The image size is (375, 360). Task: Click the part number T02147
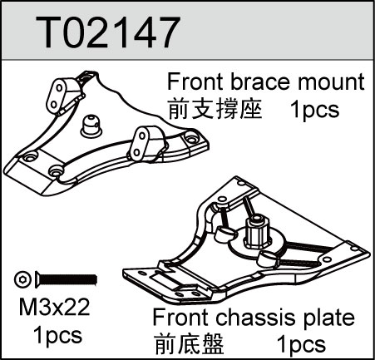click(107, 32)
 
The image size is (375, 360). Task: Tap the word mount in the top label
click(331, 82)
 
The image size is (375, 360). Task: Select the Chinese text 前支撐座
click(215, 110)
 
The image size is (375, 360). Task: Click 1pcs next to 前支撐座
click(314, 110)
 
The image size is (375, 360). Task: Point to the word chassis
click(254, 318)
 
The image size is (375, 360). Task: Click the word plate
click(329, 318)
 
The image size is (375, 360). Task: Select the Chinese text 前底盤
click(189, 344)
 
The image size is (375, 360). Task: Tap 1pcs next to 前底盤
click(301, 344)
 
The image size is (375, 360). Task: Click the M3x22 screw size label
click(55, 307)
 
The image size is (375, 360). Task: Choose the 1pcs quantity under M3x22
click(57, 335)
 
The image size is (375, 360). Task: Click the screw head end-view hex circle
click(22, 279)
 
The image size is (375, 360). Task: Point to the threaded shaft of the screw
click(69, 279)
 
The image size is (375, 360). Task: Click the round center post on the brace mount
click(91, 126)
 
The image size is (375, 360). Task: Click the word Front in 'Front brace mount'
click(195, 81)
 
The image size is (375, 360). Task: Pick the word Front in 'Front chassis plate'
click(180, 318)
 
